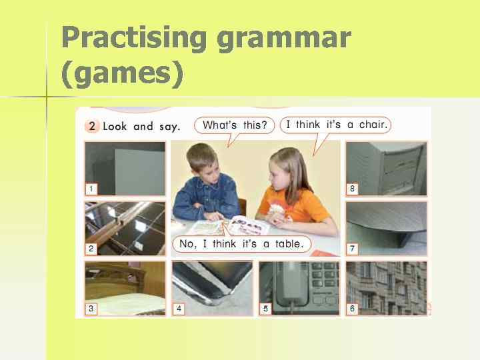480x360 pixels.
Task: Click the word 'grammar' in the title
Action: pyautogui.click(x=283, y=39)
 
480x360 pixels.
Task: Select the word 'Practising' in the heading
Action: pyautogui.click(x=134, y=37)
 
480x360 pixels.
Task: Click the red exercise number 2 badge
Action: pyautogui.click(x=93, y=126)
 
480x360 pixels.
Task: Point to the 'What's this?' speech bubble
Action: pyautogui.click(x=234, y=125)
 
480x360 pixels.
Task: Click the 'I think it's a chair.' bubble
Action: pyautogui.click(x=335, y=125)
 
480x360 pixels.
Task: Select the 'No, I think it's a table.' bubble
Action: pyautogui.click(x=241, y=244)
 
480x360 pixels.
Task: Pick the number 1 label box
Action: pyautogui.click(x=91, y=189)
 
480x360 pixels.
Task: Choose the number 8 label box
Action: pyautogui.click(x=352, y=189)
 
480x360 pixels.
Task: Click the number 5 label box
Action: pyautogui.click(x=265, y=309)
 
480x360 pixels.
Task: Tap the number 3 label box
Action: pyautogui.click(x=91, y=309)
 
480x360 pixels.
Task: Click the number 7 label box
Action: pyautogui.click(x=352, y=249)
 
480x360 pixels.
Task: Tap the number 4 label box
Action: pyautogui.click(x=179, y=309)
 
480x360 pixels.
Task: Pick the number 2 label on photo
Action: pyautogui.click(x=91, y=249)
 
